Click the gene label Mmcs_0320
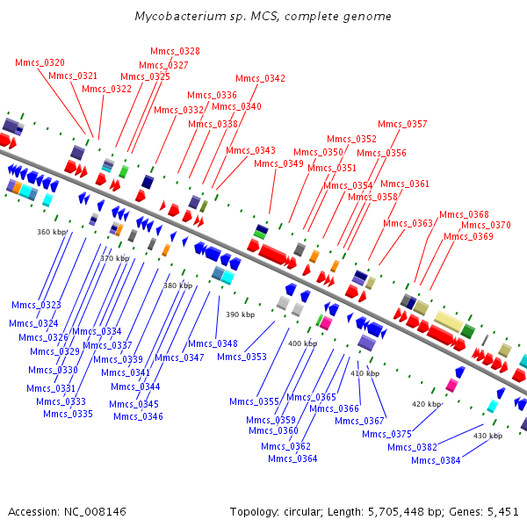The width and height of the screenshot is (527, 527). click(40, 62)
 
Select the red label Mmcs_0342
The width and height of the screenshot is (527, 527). click(261, 78)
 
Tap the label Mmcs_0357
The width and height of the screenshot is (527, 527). click(402, 124)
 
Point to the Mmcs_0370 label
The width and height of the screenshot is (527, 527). click(486, 225)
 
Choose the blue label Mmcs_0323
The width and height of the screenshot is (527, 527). click(36, 305)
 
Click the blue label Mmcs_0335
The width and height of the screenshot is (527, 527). click(68, 414)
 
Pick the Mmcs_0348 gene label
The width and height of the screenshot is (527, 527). click(213, 343)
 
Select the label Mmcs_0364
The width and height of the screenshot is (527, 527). click(292, 458)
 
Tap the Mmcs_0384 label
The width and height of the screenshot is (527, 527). click(436, 460)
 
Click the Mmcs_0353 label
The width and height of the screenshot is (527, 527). click(242, 357)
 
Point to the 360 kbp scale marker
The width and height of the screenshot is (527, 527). click(52, 232)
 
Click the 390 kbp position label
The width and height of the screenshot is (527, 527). click(241, 314)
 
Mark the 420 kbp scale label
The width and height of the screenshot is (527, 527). click(427, 404)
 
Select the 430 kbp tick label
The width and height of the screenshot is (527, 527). click(488, 436)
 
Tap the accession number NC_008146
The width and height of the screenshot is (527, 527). click(95, 512)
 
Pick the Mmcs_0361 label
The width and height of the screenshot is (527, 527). click(405, 184)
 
